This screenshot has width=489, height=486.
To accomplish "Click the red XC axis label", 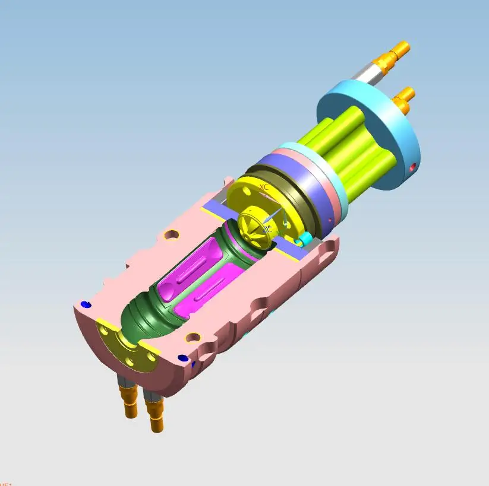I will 264,187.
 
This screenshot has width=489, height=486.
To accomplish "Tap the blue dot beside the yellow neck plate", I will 86,304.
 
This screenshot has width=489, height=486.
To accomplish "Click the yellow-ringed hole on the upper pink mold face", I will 172,236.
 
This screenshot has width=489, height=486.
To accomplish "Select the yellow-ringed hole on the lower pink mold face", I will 193,338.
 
